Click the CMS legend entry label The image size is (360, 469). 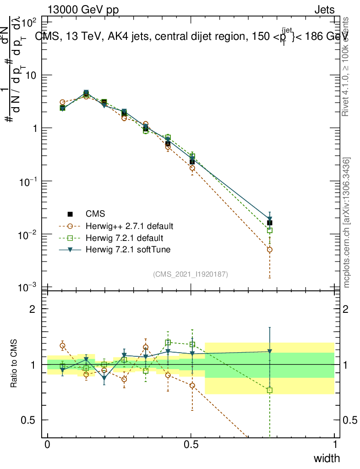(x=95, y=214)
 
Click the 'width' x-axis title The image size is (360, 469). (x=327, y=458)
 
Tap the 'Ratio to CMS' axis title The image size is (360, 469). (x=15, y=365)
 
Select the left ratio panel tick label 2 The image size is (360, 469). (x=33, y=309)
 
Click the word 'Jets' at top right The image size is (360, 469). (x=324, y=10)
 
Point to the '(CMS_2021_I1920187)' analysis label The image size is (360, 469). (x=191, y=274)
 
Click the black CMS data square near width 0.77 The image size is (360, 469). (x=270, y=223)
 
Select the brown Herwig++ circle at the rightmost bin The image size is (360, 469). (x=270, y=250)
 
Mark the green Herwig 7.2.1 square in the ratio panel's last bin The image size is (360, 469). (x=270, y=390)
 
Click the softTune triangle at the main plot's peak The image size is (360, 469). (x=86, y=93)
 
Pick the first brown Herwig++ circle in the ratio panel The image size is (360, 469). (x=63, y=346)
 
